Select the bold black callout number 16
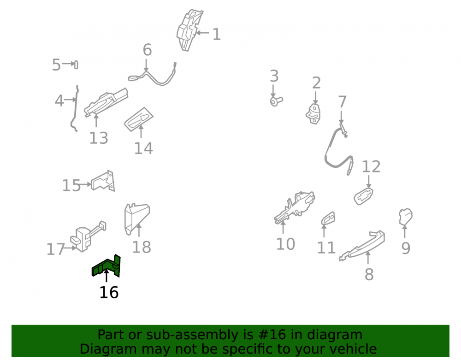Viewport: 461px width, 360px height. pyautogui.click(x=109, y=292)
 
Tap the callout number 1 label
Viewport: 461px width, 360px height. pyautogui.click(x=217, y=35)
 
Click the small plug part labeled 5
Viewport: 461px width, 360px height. pyautogui.click(x=76, y=65)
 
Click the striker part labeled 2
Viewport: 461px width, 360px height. pyautogui.click(x=313, y=114)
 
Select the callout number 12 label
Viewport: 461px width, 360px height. pyautogui.click(x=371, y=166)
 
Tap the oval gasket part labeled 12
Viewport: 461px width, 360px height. pyautogui.click(x=364, y=196)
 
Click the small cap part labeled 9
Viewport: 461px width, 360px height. pyautogui.click(x=405, y=217)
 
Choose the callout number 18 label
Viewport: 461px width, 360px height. pyautogui.click(x=142, y=247)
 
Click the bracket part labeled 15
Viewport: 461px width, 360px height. pyautogui.click(x=103, y=181)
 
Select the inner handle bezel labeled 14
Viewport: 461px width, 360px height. pyautogui.click(x=139, y=119)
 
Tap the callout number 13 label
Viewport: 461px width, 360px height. pyautogui.click(x=99, y=138)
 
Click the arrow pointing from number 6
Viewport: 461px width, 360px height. pyautogui.click(x=146, y=65)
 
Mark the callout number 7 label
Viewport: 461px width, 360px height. pyautogui.click(x=342, y=102)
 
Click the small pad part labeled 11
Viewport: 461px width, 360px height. pyautogui.click(x=328, y=218)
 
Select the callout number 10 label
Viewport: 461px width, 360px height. pyautogui.click(x=285, y=244)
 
